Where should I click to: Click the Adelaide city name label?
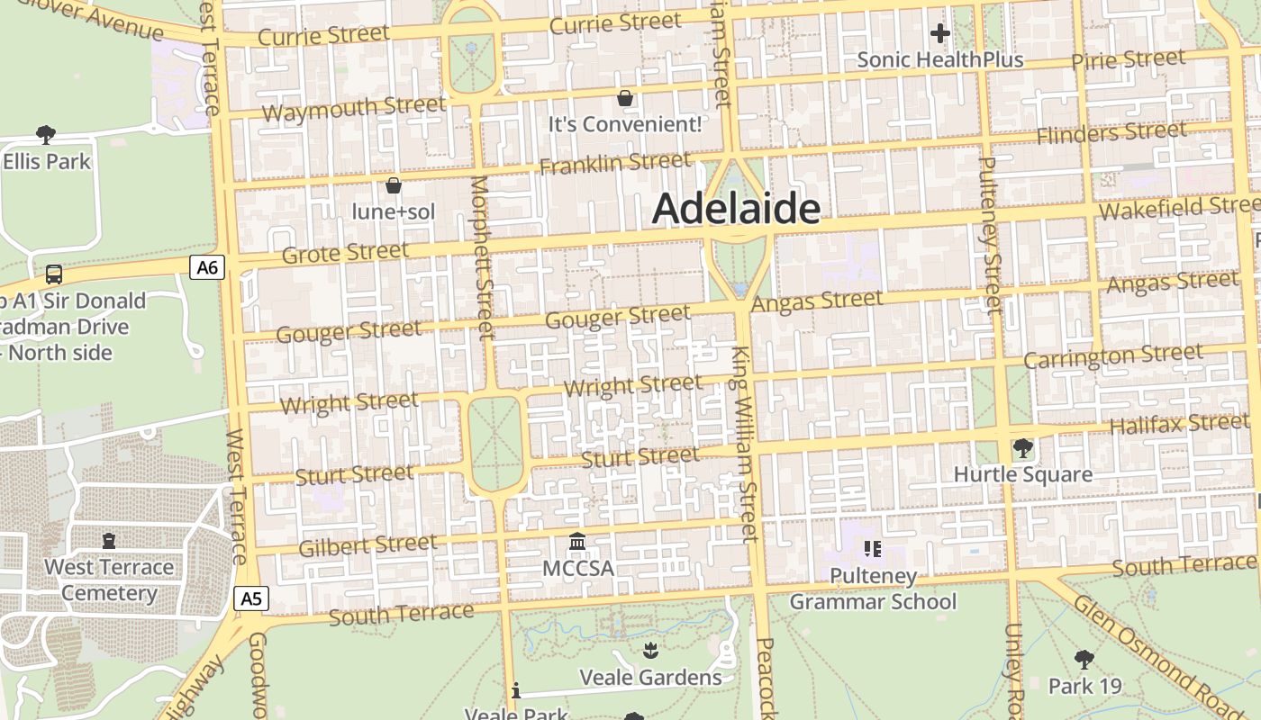point(736,209)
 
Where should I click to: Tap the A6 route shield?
point(206,266)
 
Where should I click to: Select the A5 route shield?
point(251,598)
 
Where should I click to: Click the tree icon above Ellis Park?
point(46,135)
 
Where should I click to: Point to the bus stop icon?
point(54,274)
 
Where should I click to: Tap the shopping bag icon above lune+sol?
point(394,185)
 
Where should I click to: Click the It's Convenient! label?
point(625,124)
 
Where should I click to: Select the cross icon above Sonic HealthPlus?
point(939,34)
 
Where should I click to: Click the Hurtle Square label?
point(1022,474)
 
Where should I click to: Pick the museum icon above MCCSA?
point(577,542)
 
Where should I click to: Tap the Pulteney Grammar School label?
point(873,589)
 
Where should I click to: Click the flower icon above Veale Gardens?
point(650,650)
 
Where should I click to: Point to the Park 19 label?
point(1084,686)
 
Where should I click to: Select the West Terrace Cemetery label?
point(109,580)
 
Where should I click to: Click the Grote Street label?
point(345,253)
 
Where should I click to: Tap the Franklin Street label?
point(615,164)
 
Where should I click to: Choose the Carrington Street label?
point(1113,356)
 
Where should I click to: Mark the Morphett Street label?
point(482,256)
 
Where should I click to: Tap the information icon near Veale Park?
point(516,690)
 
